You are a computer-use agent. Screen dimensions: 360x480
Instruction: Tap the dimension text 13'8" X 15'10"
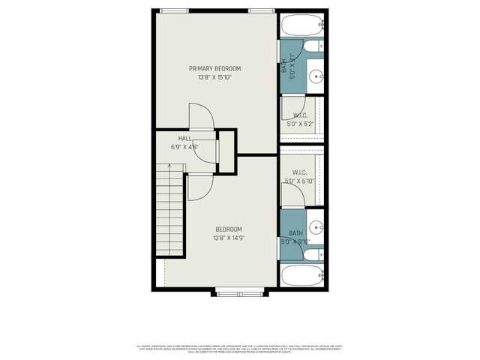point(214,77)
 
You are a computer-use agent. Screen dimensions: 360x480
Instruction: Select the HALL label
point(184,139)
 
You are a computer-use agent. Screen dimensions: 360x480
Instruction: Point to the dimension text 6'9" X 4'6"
point(184,148)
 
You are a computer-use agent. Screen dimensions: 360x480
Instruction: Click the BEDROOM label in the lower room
point(229,229)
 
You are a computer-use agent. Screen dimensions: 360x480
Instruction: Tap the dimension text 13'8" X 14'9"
point(229,238)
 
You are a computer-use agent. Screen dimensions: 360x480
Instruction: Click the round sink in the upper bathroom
point(317,75)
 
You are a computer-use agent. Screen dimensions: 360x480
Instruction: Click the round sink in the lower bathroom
point(317,227)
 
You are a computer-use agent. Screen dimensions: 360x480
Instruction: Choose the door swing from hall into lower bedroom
point(199,187)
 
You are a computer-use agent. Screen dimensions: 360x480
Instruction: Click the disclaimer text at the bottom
point(240,349)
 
